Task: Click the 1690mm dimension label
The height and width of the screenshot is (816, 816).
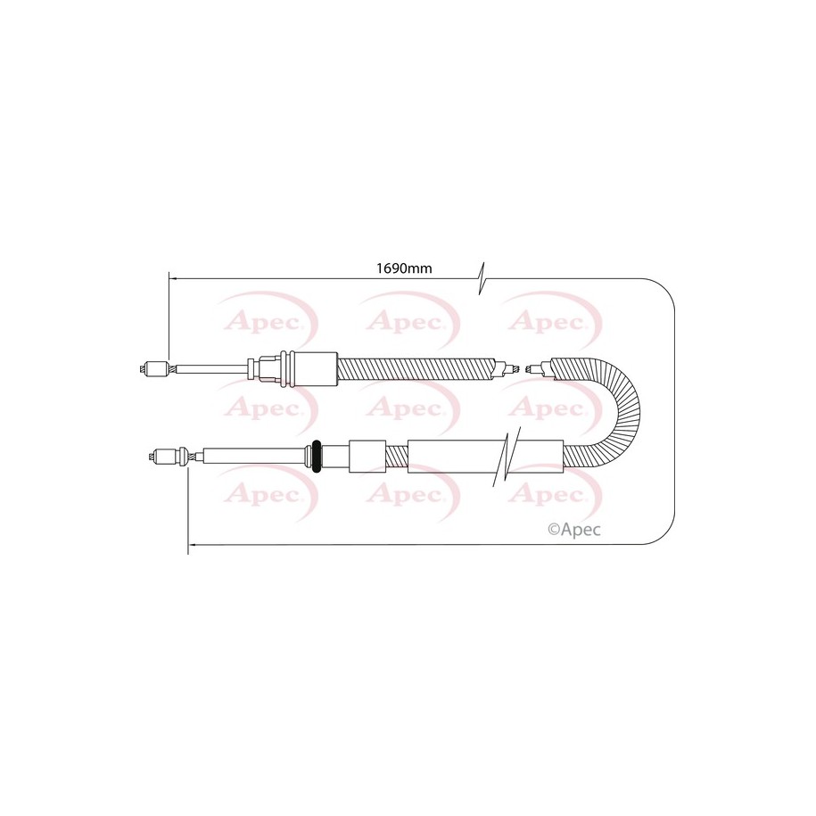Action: tap(404, 268)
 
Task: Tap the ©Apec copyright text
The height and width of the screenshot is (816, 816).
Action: tap(574, 530)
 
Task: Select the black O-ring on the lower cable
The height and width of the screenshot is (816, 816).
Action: tap(315, 456)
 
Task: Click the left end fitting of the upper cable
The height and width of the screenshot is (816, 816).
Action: tap(154, 369)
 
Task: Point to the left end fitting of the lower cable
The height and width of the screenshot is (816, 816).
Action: tap(168, 457)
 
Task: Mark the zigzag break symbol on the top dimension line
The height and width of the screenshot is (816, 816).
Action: tap(482, 278)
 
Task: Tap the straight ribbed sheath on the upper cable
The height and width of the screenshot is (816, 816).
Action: tap(416, 369)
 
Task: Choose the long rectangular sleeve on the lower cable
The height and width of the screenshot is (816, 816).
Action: tap(485, 457)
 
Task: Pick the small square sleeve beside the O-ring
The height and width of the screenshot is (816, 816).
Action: tap(367, 457)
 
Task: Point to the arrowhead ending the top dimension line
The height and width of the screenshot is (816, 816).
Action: tap(173, 279)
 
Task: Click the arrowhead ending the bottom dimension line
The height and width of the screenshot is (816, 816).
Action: tap(192, 545)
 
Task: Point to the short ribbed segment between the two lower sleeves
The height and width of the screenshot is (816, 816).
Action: tap(397, 457)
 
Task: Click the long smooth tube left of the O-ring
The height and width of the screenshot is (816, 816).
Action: tap(253, 457)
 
